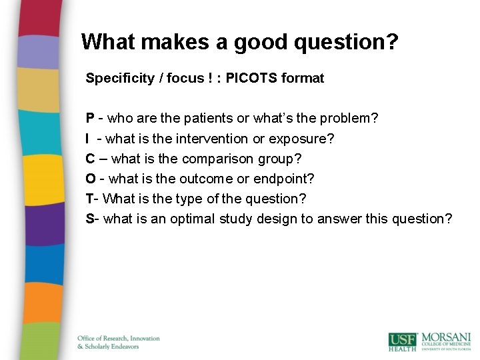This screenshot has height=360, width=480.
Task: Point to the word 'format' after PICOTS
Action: point(303,78)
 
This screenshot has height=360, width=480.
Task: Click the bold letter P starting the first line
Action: point(89,119)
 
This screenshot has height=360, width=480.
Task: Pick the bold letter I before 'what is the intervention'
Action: point(88,139)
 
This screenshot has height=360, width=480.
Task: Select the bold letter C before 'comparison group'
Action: point(90,159)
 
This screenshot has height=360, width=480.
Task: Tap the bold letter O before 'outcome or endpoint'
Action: point(90,179)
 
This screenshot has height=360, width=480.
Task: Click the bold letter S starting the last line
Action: point(89,219)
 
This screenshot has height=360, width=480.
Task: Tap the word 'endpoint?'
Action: point(283,179)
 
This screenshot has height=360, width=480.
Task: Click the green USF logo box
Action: point(402,341)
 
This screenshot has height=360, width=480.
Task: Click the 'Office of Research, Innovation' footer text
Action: point(119,339)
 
